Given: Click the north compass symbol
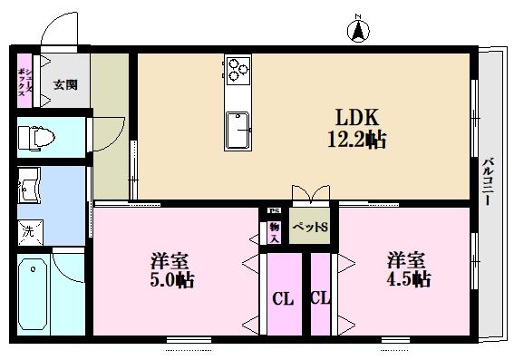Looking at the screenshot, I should [x=358, y=30].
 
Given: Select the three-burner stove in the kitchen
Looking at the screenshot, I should [x=238, y=68].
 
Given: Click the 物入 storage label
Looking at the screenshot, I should [x=273, y=233].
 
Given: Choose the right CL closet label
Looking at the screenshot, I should [x=320, y=298].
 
